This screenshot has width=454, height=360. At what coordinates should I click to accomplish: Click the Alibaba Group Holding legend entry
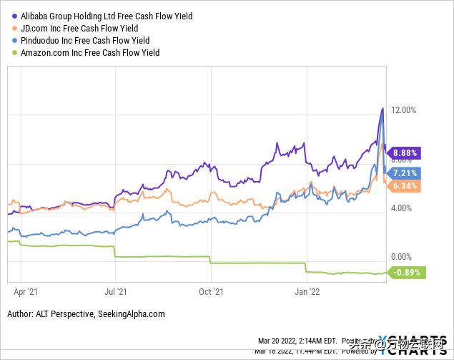pos(107,16)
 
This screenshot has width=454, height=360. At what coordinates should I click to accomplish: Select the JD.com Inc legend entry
pos(86,28)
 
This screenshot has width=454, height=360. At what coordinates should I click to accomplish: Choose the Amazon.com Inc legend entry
pos(90,52)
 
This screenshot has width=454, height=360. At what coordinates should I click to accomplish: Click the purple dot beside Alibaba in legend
pos(14,16)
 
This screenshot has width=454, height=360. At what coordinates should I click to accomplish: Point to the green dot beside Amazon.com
pos(14,52)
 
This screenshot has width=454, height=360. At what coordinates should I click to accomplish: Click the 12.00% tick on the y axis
pos(402,110)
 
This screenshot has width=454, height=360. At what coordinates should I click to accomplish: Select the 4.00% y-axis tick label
pos(402,208)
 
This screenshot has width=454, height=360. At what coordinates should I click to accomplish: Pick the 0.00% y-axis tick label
pos(402,257)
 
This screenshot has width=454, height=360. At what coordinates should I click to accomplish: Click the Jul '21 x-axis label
pos(115,291)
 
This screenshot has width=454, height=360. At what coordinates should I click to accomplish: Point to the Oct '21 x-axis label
pos(210,291)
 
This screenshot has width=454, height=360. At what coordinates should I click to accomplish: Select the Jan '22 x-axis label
pos(306,291)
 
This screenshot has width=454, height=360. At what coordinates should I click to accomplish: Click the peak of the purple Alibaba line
pos(383,109)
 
